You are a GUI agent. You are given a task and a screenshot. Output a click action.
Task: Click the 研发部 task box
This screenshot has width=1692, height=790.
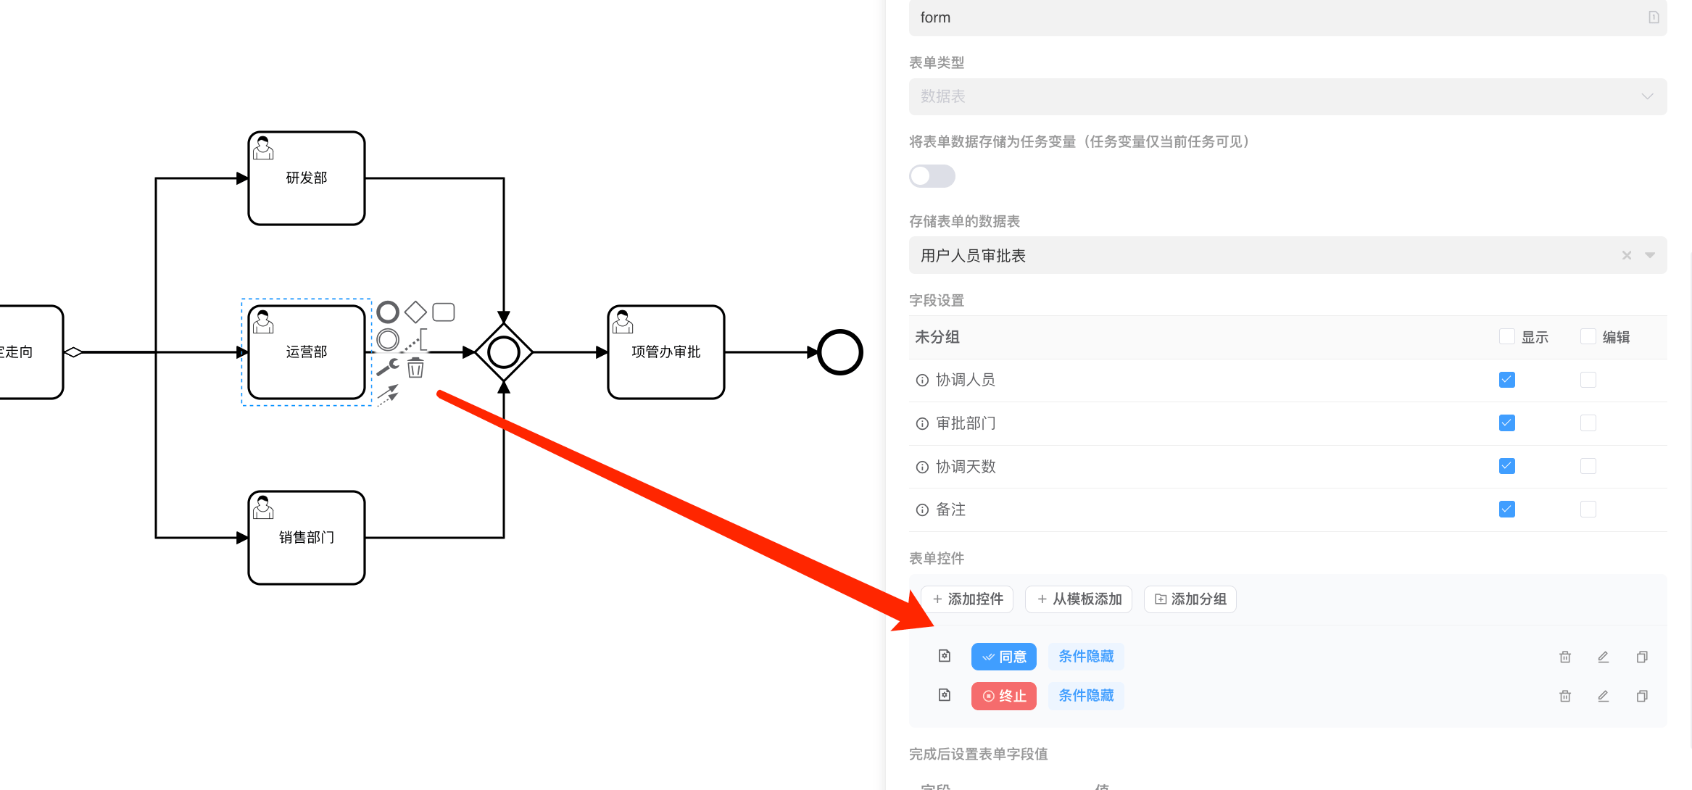click(307, 178)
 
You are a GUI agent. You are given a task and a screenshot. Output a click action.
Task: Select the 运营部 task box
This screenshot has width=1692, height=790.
click(307, 352)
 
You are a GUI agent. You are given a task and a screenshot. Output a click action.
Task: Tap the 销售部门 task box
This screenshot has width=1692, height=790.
click(307, 538)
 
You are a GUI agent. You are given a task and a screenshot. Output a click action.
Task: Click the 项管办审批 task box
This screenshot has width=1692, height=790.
click(665, 352)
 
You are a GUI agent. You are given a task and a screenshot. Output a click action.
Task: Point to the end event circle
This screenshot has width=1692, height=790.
click(839, 352)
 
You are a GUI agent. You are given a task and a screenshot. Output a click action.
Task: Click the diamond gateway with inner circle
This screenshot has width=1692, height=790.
click(504, 352)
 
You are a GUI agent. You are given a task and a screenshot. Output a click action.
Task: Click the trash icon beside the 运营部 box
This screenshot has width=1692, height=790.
click(415, 368)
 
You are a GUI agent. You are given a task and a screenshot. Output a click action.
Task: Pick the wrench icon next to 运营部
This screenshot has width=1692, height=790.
click(388, 367)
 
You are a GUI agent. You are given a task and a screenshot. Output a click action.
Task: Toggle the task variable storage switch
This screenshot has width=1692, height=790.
click(932, 176)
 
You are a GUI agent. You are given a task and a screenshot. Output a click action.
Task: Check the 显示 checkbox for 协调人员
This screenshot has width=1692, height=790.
click(1506, 380)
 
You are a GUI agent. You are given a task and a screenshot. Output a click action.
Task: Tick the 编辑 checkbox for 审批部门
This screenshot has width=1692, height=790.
click(1588, 423)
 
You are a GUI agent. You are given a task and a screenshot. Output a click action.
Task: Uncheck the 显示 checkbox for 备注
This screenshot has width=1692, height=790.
click(1506, 510)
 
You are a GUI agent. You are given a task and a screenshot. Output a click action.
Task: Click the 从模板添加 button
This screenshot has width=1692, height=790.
click(1079, 599)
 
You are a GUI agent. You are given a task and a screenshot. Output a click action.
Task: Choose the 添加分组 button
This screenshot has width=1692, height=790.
click(1190, 599)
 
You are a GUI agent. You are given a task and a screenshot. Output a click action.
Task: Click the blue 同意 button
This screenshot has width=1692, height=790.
click(1004, 657)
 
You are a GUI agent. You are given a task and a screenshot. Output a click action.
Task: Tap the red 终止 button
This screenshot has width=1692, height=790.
click(1004, 696)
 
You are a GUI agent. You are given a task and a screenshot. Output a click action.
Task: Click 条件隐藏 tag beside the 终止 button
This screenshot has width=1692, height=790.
click(1086, 696)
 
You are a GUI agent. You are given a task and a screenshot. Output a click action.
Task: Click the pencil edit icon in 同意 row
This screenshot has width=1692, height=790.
click(1603, 657)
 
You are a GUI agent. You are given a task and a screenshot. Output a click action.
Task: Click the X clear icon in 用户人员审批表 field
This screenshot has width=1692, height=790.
click(1626, 255)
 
